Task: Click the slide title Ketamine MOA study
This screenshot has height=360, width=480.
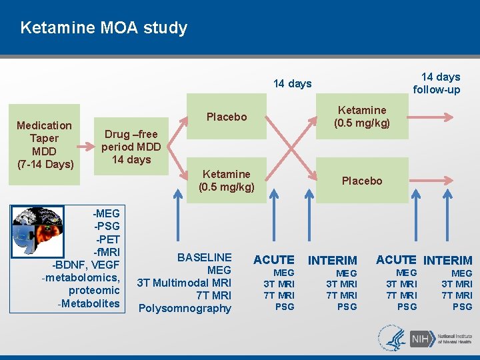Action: (x=103, y=28)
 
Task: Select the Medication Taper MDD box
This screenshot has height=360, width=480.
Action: (x=44, y=145)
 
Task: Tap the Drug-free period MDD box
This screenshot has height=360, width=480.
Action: (x=131, y=147)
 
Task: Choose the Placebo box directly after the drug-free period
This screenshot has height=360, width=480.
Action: (x=226, y=117)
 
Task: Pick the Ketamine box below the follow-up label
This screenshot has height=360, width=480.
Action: (x=361, y=117)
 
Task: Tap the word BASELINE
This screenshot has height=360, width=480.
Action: (x=204, y=257)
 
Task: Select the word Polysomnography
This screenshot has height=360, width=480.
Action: (x=185, y=308)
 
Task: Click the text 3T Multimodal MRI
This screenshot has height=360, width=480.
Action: (x=184, y=283)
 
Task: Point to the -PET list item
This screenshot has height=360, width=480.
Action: (x=107, y=239)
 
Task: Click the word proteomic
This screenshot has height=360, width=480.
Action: (x=93, y=291)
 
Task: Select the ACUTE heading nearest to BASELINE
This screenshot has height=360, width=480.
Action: (x=273, y=260)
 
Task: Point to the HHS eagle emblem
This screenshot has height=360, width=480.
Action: (x=392, y=338)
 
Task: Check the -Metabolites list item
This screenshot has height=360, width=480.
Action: (x=89, y=304)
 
